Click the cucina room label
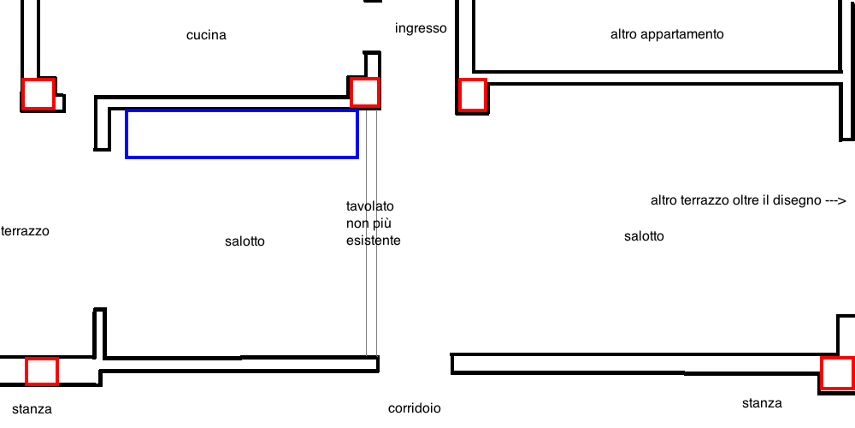pyautogui.click(x=206, y=35)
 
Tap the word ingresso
pyautogui.click(x=421, y=28)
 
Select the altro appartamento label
pyautogui.click(x=667, y=34)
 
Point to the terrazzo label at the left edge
pyautogui.click(x=25, y=231)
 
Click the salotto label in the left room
pyautogui.click(x=245, y=241)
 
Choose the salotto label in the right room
pyautogui.click(x=644, y=236)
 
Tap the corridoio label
pyautogui.click(x=415, y=408)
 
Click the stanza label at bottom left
pyautogui.click(x=32, y=409)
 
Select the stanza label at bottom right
pyautogui.click(x=762, y=403)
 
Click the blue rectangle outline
pyautogui.click(x=242, y=110)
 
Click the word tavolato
pyautogui.click(x=369, y=206)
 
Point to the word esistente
pyautogui.click(x=374, y=241)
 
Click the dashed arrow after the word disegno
pyautogui.click(x=834, y=201)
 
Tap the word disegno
pyautogui.click(x=800, y=201)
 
